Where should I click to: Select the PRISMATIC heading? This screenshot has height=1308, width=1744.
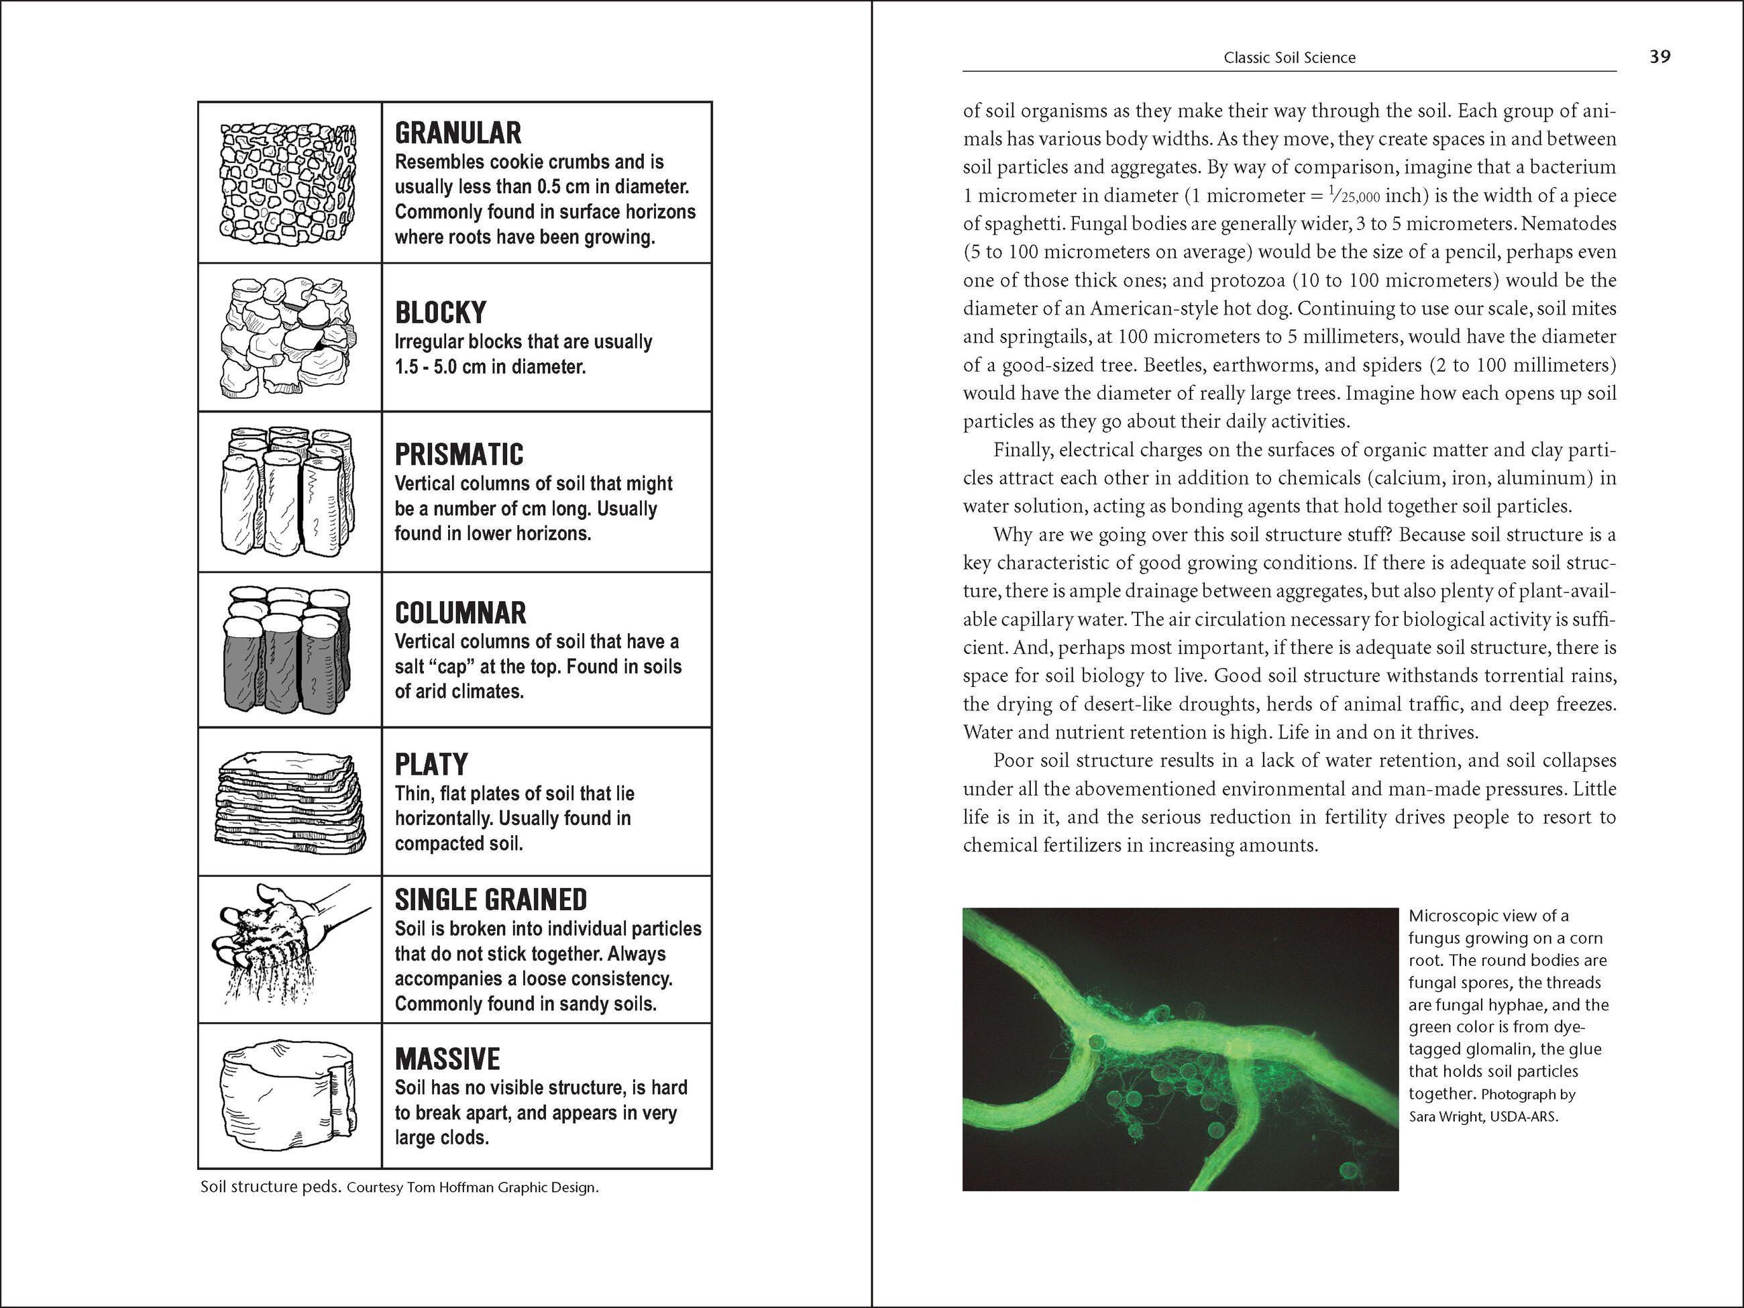pyautogui.click(x=459, y=454)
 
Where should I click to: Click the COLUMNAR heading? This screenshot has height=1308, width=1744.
pyautogui.click(x=460, y=612)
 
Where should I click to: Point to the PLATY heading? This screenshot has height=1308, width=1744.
pyautogui.click(x=431, y=764)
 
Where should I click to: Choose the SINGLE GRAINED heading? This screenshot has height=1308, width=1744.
pyautogui.click(x=490, y=900)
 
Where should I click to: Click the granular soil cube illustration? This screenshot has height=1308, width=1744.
pyautogui.click(x=288, y=183)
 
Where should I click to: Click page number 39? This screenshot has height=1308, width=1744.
pyautogui.click(x=1659, y=57)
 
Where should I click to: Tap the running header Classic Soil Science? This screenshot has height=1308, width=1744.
pyautogui.click(x=1289, y=58)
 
